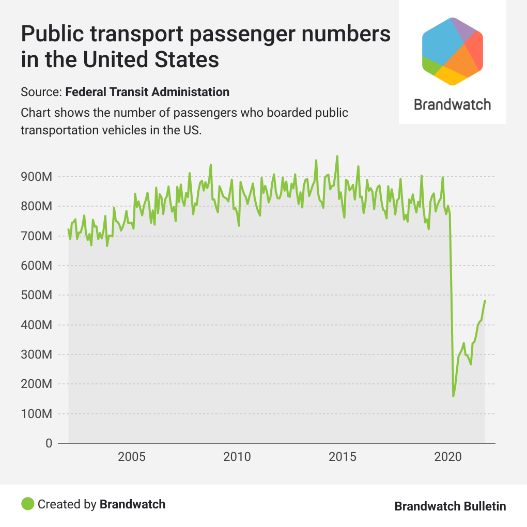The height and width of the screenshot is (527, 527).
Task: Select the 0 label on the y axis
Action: (49, 444)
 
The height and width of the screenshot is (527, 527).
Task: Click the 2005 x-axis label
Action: (132, 457)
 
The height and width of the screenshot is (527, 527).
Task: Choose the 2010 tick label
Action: (237, 457)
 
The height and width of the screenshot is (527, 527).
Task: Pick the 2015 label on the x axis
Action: (343, 457)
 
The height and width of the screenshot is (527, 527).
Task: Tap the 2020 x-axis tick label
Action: (448, 457)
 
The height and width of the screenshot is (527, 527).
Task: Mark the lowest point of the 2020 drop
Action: (453, 396)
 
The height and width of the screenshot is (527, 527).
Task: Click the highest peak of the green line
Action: (337, 156)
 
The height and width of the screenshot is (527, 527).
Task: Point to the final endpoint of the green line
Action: (485, 301)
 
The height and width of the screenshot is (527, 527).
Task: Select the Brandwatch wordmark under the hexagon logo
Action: (453, 104)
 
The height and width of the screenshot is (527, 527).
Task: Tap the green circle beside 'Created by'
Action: (28, 504)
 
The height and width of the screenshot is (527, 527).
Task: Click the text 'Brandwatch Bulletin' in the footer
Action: (450, 506)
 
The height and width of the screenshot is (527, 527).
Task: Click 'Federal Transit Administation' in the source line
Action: (147, 92)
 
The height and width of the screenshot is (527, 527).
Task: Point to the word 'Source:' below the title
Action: (41, 92)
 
